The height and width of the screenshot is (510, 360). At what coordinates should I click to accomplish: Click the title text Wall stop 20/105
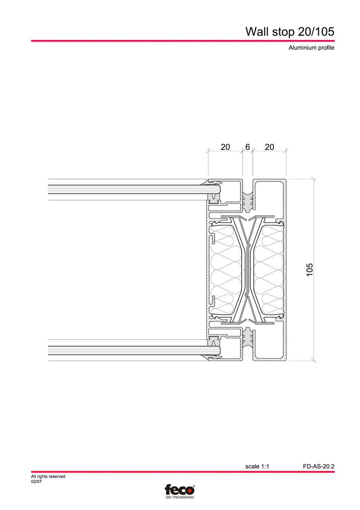tap(289, 32)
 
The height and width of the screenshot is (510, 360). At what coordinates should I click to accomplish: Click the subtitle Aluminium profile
tap(311, 48)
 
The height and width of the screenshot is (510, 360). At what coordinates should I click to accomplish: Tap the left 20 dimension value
tap(225, 147)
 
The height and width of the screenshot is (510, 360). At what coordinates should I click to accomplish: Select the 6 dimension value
tap(248, 147)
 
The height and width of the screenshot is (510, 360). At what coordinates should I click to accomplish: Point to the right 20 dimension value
tap(270, 147)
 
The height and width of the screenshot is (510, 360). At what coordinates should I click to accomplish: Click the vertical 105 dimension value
tap(310, 270)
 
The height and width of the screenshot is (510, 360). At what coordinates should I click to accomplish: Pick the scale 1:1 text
tap(257, 466)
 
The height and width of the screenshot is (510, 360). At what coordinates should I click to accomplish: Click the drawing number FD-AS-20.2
tap(318, 466)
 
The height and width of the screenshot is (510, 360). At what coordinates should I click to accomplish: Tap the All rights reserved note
tap(48, 477)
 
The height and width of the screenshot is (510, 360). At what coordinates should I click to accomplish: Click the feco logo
tap(179, 490)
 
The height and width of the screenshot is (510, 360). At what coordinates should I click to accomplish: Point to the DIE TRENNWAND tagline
tap(180, 497)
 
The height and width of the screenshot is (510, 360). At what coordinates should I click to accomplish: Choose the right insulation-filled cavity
tap(269, 270)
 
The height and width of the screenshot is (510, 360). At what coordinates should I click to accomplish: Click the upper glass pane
tap(129, 190)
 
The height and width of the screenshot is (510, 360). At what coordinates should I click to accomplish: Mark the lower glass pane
tap(129, 350)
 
